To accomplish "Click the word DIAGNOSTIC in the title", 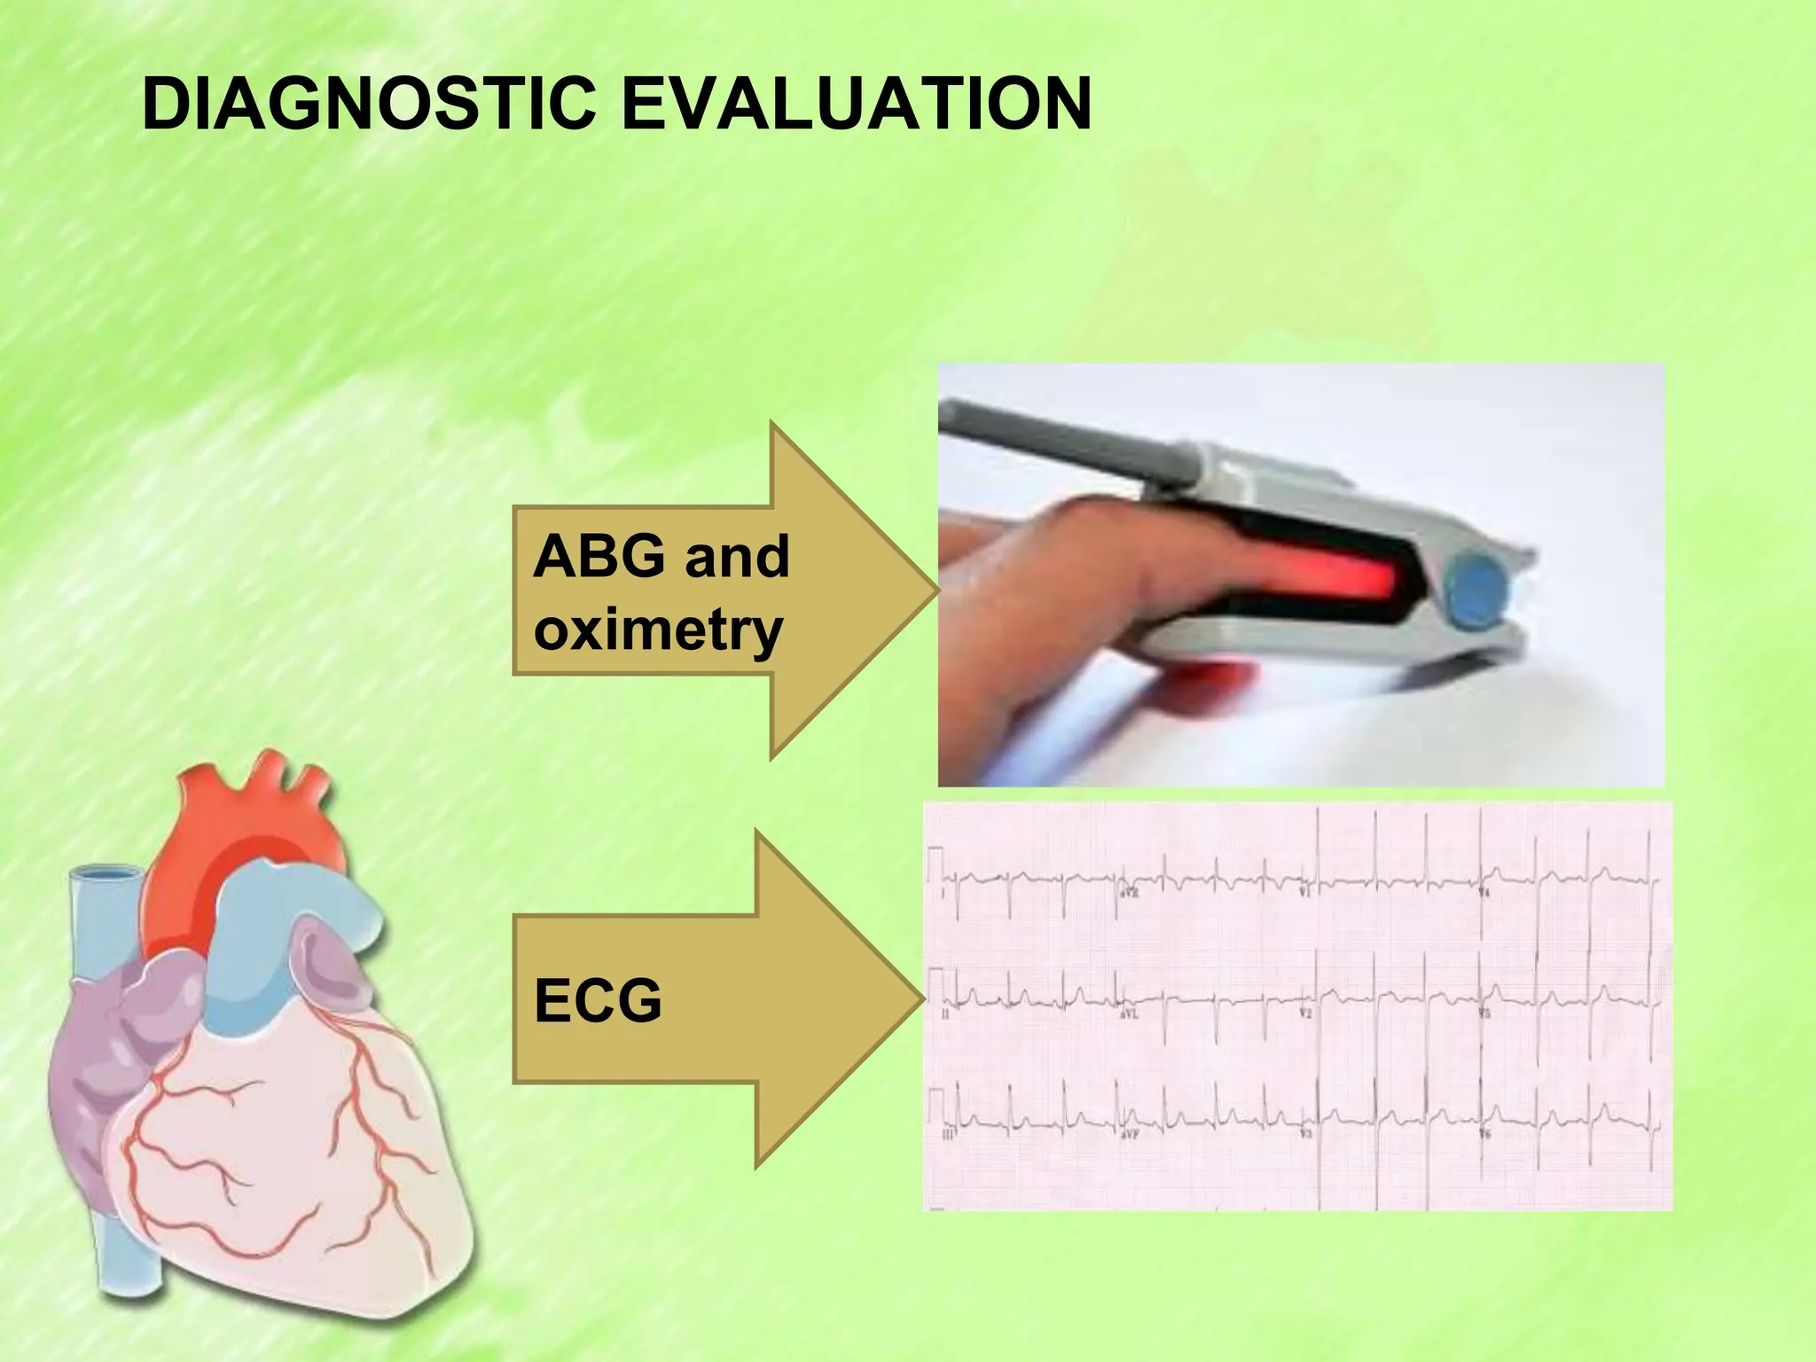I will coord(368,105).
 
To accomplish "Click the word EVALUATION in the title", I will coord(856,105).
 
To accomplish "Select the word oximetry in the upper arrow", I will coord(658,630).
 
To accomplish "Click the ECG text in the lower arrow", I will coord(598,1001).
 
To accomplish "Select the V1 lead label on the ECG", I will coord(1304,891).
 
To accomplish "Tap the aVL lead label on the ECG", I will coord(1129,1014).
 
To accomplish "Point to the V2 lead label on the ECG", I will coord(1304,1014).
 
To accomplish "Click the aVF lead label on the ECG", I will coord(1129,1135).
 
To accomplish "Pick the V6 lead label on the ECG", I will coord(1485,1135).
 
